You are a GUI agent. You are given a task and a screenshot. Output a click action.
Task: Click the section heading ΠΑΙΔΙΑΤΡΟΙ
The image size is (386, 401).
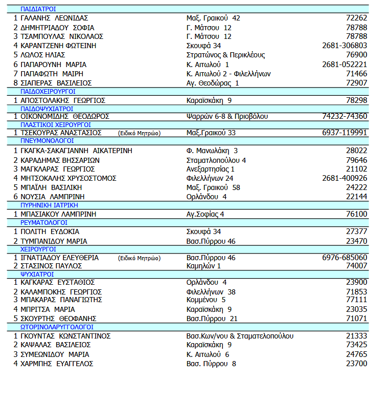(38, 9)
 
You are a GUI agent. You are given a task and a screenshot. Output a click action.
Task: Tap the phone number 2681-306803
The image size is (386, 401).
(345, 46)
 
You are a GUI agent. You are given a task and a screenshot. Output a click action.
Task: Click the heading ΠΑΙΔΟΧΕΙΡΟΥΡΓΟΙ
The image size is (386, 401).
(48, 92)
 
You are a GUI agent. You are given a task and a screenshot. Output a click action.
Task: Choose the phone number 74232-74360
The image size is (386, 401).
(345, 116)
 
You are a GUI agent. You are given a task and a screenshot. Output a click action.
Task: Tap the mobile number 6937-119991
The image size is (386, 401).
(345, 133)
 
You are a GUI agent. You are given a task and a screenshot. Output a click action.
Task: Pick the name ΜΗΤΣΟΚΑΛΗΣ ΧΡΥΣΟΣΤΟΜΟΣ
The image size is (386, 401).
(69, 178)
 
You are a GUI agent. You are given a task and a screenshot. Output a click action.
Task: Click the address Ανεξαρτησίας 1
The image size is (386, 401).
(211, 169)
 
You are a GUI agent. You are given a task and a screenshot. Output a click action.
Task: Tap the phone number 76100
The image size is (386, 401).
(356, 214)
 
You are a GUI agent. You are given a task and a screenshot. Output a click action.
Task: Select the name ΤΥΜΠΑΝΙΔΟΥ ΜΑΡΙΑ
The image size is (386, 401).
(54, 241)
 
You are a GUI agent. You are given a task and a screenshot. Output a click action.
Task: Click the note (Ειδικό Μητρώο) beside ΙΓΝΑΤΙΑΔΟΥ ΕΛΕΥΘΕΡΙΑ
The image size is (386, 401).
(139, 258)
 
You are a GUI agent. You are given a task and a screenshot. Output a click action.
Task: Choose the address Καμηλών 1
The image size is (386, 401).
(204, 266)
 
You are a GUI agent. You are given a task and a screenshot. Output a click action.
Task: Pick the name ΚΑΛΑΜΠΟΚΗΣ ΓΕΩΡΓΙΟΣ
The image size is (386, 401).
(61, 292)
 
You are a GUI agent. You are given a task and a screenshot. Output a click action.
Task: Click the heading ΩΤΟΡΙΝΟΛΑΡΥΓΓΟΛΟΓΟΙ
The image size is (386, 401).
(57, 327)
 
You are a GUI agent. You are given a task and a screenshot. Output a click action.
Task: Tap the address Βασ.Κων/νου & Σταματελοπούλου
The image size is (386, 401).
(240, 336)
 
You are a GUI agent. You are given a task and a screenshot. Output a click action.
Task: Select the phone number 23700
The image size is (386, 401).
(356, 364)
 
